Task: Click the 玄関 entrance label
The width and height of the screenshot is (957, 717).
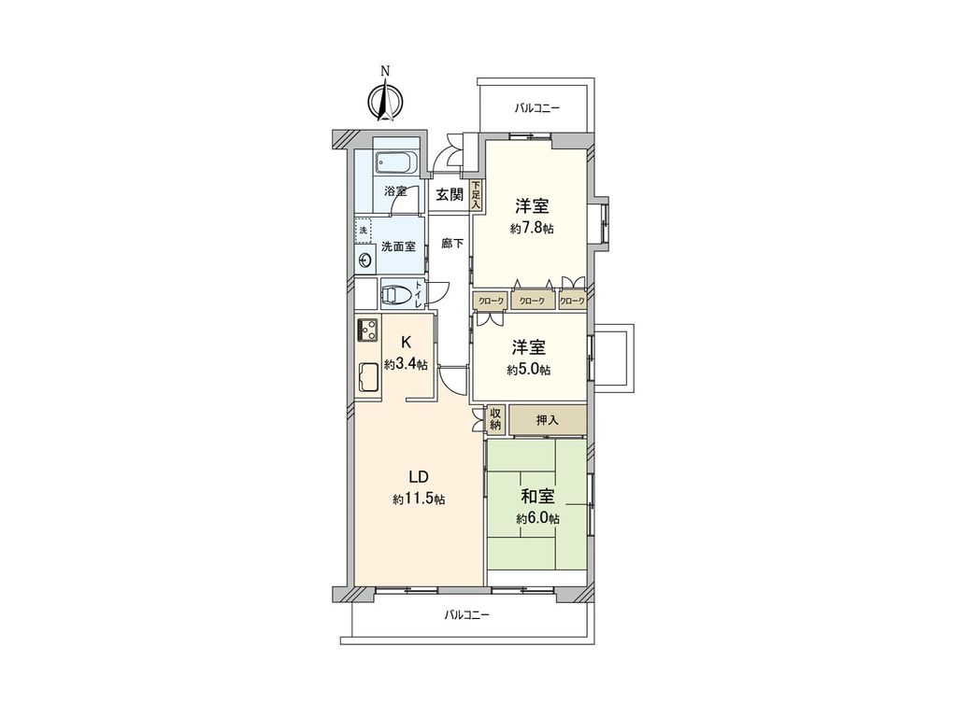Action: [450, 195]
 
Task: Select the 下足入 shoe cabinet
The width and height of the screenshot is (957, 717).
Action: [475, 194]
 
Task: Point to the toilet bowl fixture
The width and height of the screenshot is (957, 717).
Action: [396, 294]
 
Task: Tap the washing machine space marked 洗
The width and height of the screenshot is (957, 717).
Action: [363, 230]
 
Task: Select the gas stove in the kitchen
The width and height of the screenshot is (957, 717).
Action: [367, 330]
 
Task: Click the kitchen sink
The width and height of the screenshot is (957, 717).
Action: [367, 379]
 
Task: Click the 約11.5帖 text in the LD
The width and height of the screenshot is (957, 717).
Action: [418, 500]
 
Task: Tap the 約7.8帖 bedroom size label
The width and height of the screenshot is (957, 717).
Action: [531, 229]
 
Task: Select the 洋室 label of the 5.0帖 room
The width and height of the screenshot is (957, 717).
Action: [528, 348]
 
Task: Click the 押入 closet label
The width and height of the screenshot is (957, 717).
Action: [547, 420]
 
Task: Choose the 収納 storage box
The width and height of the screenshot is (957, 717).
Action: [495, 419]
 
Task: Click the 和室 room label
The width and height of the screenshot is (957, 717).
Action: [537, 496]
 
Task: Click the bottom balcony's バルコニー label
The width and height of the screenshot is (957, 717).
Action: [466, 615]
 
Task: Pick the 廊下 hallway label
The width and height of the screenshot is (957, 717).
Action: [453, 243]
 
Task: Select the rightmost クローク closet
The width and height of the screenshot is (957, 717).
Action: [572, 301]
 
